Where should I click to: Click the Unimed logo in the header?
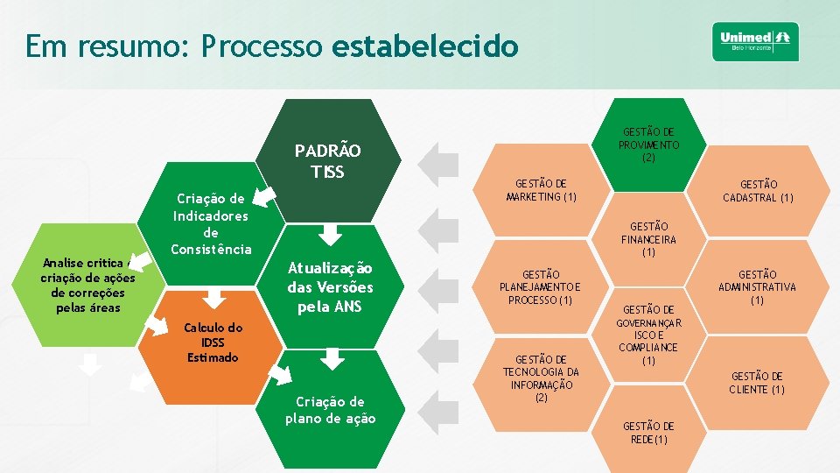755,41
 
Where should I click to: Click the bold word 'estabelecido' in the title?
425,46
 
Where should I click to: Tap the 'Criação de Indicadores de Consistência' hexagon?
211,223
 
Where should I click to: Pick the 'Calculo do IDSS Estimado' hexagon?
213,342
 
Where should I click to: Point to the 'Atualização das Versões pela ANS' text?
330,287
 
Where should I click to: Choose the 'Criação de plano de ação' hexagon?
330,410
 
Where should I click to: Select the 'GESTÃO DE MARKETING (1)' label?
540,190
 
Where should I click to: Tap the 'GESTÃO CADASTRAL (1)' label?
758,191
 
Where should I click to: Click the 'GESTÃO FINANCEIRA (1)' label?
648,239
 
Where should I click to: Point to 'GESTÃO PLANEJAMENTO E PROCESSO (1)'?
540,287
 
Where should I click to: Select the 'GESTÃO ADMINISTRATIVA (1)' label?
758,287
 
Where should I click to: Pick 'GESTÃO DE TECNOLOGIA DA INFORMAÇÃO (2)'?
540,378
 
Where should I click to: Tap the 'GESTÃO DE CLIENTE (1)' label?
758,383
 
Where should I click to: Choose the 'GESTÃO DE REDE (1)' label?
648,432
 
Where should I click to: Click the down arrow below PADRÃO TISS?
330,234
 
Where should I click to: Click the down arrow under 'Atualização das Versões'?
330,357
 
